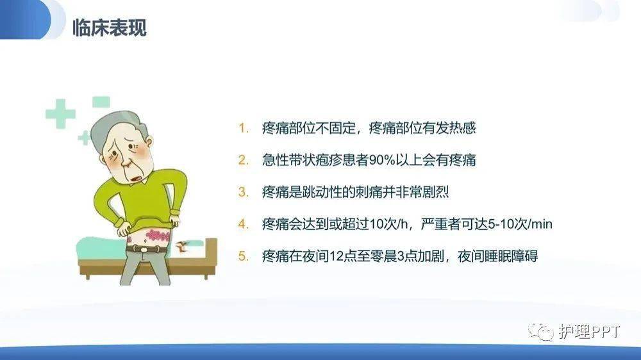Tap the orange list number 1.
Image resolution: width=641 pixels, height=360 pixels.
(x=243, y=128)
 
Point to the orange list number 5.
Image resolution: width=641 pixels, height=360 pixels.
(x=243, y=256)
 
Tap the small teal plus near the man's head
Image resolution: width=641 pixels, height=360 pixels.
(x=84, y=138)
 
